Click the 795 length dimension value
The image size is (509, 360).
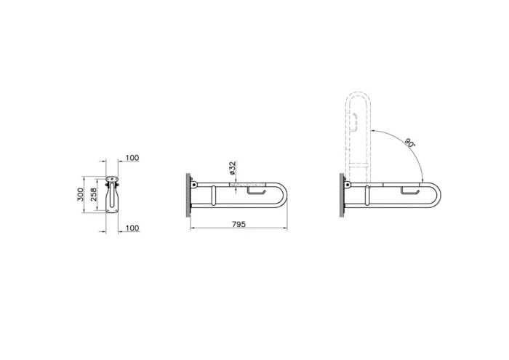[239, 224]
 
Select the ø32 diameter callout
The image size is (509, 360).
[231, 169]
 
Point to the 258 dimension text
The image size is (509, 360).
[94, 194]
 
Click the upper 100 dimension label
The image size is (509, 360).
[132, 158]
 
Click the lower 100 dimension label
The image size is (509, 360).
[132, 228]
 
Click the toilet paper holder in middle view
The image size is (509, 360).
[255, 192]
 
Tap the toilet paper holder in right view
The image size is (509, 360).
[409, 191]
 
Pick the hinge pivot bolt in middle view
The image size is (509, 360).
[195, 186]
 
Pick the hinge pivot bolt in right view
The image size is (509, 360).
[348, 186]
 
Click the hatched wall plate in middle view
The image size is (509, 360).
[188, 194]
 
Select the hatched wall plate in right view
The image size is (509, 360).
[341, 195]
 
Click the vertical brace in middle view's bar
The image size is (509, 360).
[213, 196]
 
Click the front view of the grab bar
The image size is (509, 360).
[112, 194]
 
